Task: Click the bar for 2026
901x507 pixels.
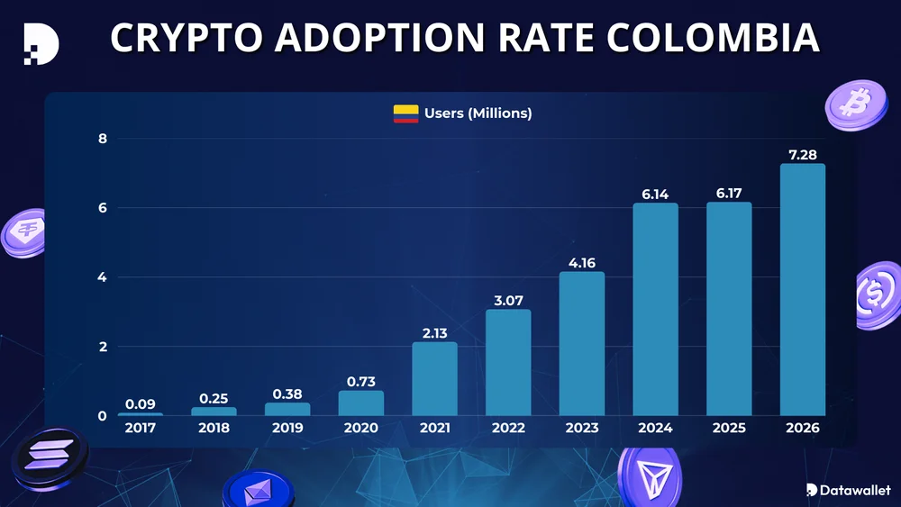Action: pyautogui.click(x=802, y=289)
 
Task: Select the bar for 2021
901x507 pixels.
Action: pyautogui.click(x=434, y=378)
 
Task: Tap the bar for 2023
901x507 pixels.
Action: pyautogui.click(x=582, y=343)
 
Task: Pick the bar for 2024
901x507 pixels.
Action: pyautogui.click(x=655, y=309)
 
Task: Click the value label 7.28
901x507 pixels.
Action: pyautogui.click(x=802, y=155)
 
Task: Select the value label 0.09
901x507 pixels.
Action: pyautogui.click(x=141, y=404)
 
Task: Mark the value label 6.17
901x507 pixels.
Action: pyautogui.click(x=729, y=194)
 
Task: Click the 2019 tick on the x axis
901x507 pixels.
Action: pyautogui.click(x=287, y=429)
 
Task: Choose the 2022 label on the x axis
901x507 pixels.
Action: pyautogui.click(x=508, y=429)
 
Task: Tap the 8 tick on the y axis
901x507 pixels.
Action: pyautogui.click(x=102, y=139)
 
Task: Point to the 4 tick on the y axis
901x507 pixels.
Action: pyautogui.click(x=102, y=277)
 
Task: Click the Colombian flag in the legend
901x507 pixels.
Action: pyautogui.click(x=405, y=113)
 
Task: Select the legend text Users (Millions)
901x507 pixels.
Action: pyautogui.click(x=478, y=113)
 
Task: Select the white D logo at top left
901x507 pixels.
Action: pyautogui.click(x=41, y=41)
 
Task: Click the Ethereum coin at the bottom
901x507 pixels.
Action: pyautogui.click(x=259, y=491)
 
